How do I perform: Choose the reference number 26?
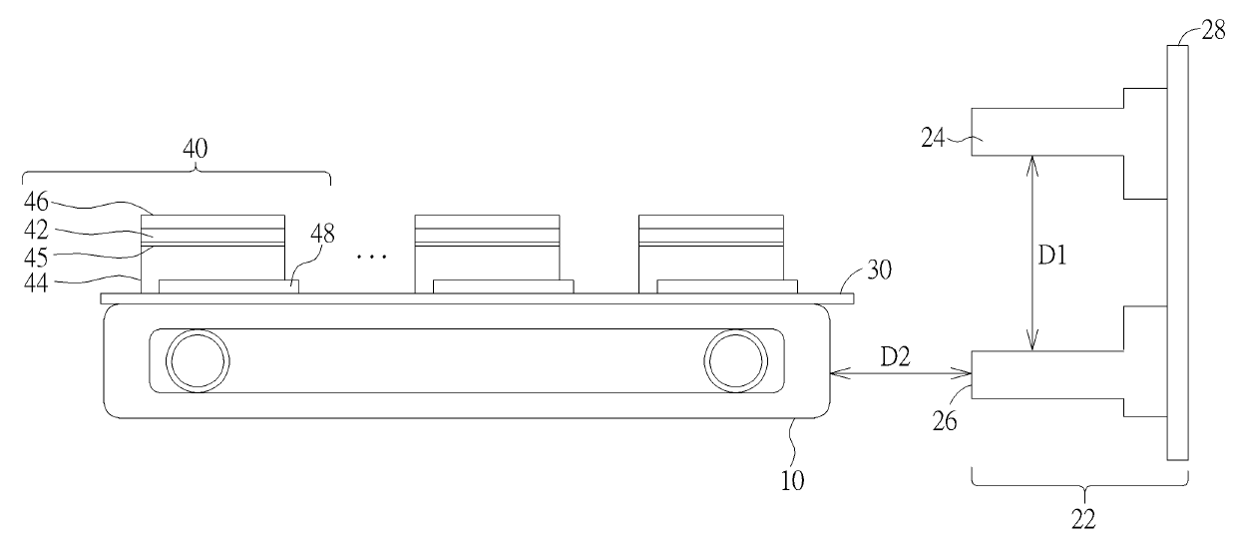pos(944,419)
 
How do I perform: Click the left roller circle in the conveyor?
pos(197,359)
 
